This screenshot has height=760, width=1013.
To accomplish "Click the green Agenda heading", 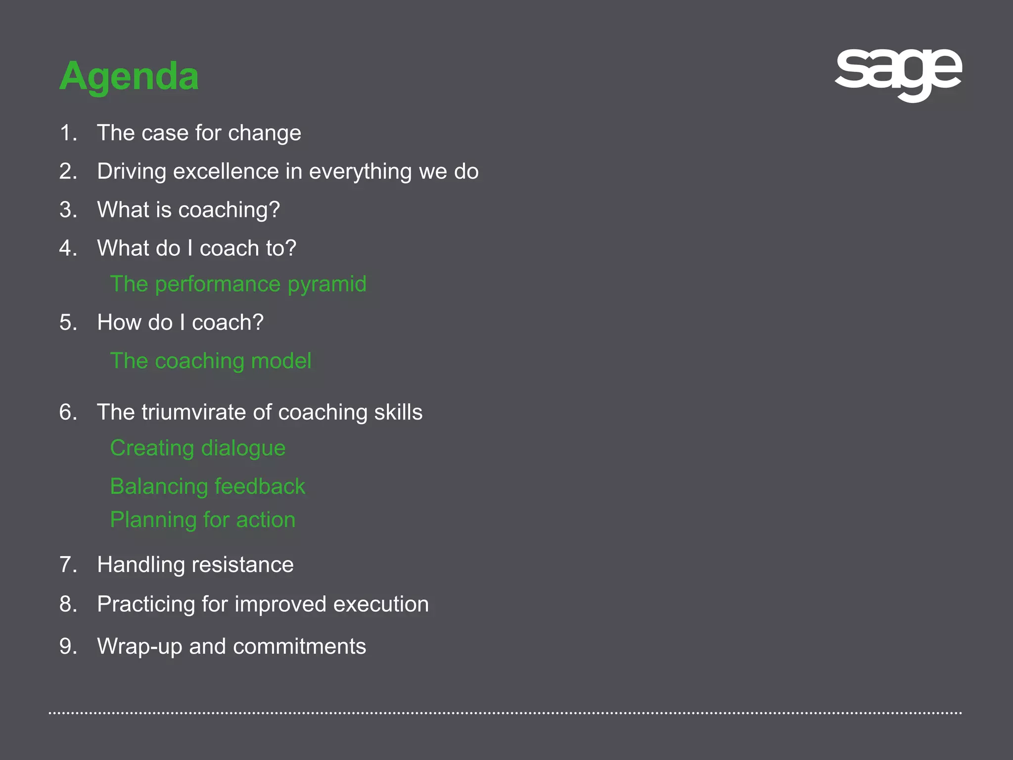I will pyautogui.click(x=129, y=77).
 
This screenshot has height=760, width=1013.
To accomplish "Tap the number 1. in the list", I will pyautogui.click(x=68, y=133).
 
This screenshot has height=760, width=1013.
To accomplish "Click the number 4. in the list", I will pyautogui.click(x=68, y=248).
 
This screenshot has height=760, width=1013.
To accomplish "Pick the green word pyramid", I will pyautogui.click(x=327, y=285).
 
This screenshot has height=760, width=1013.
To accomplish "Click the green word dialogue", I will pyautogui.click(x=243, y=448).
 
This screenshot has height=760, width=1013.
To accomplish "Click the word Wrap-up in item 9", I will pyautogui.click(x=139, y=647).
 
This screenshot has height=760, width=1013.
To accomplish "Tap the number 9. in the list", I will pyautogui.click(x=68, y=647).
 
